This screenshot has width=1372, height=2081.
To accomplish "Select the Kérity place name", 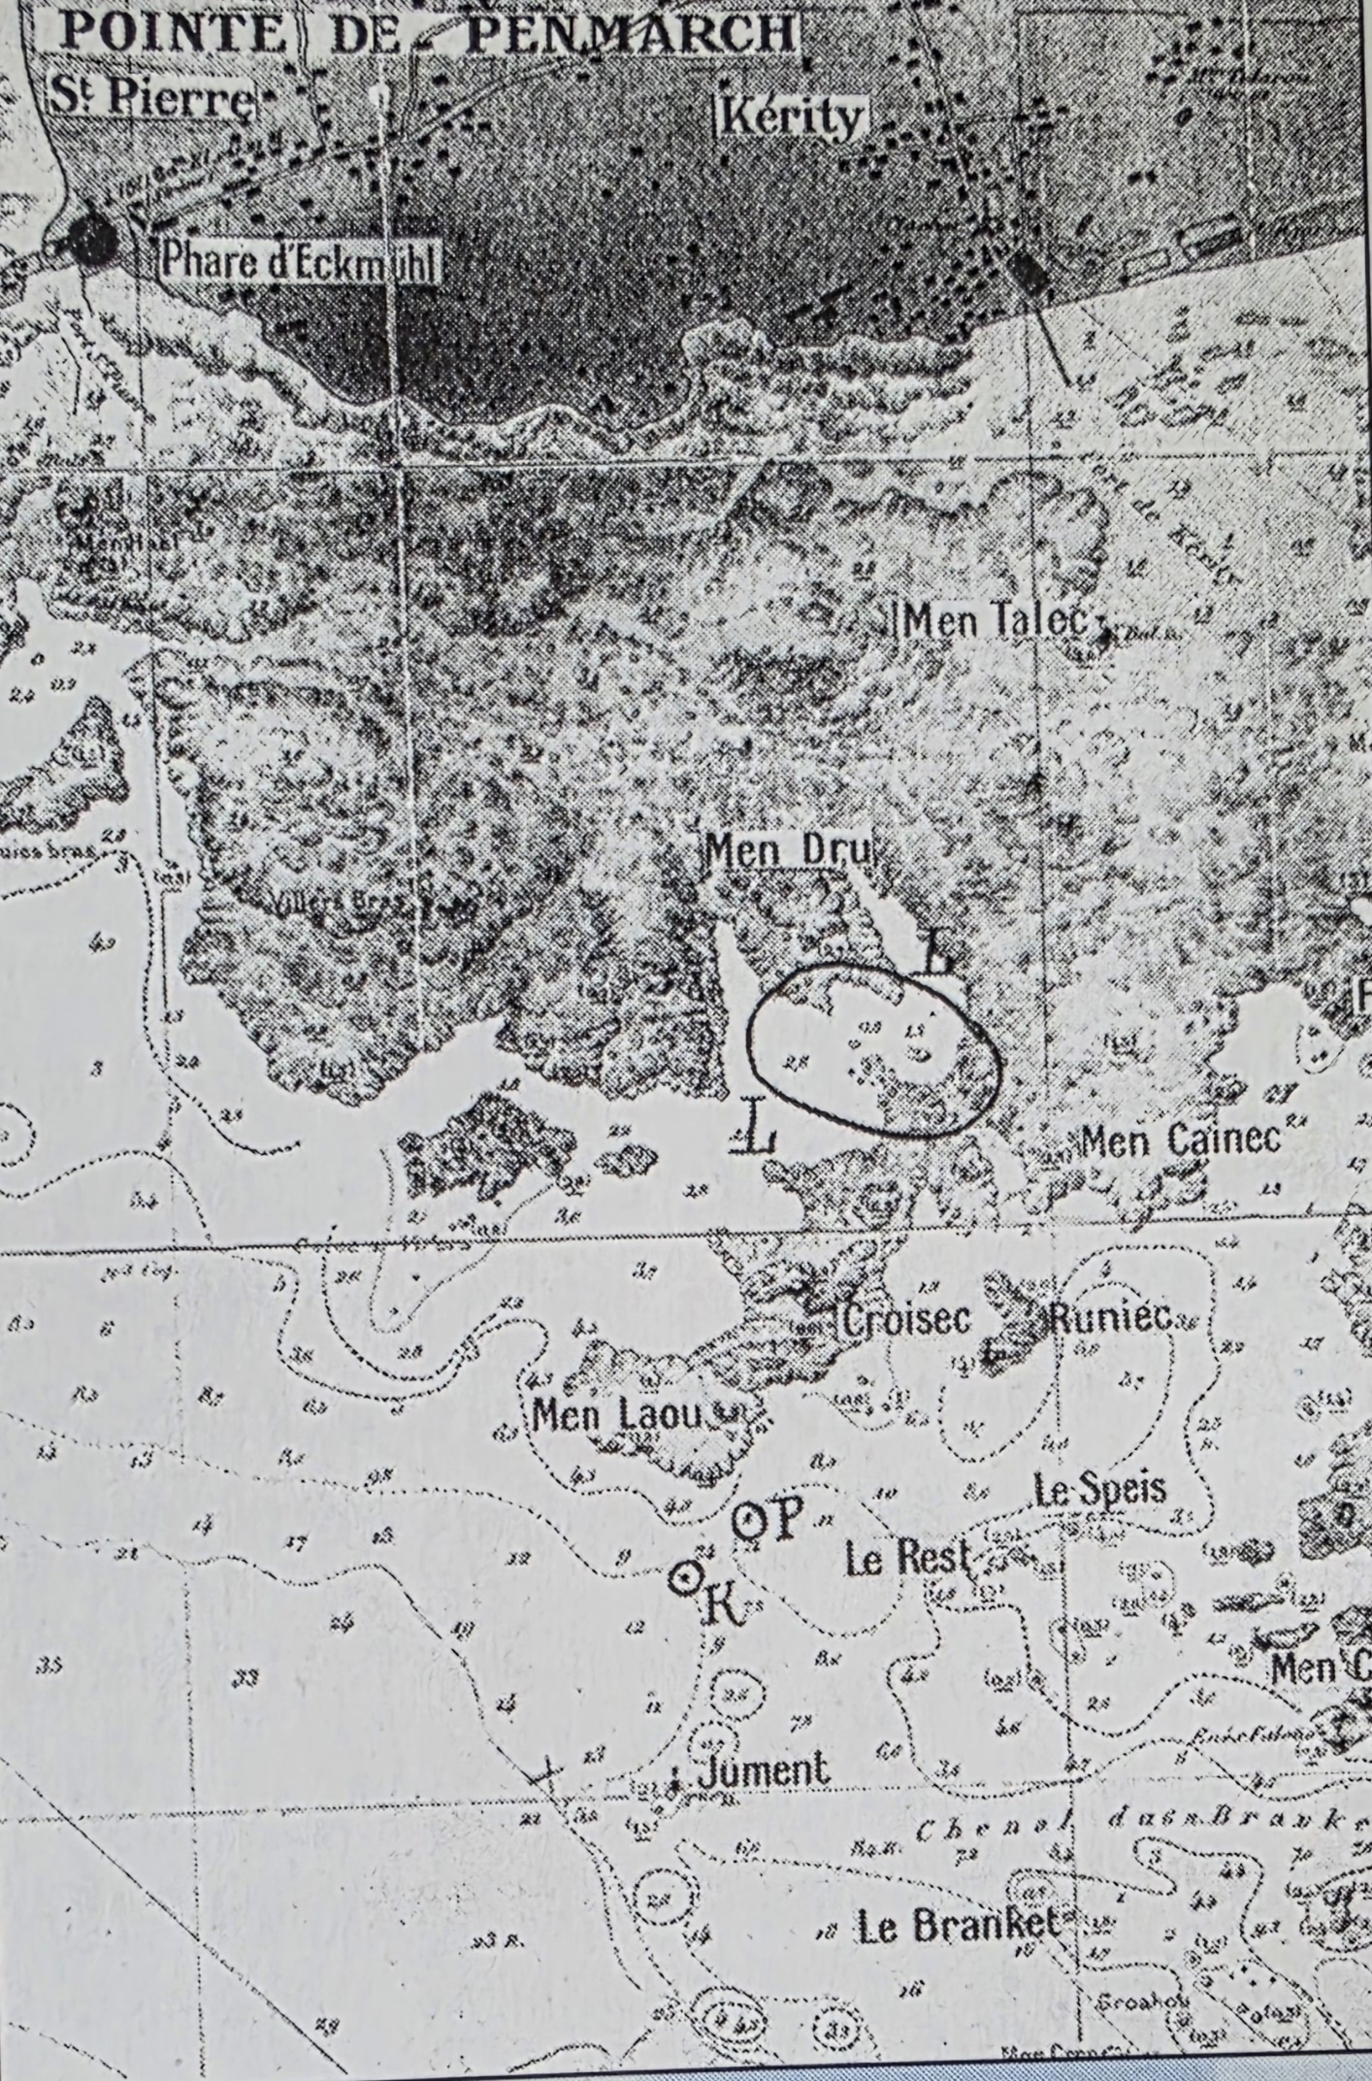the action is (x=792, y=117).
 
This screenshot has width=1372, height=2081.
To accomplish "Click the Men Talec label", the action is (x=994, y=619).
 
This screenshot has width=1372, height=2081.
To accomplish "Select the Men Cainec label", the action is (x=1180, y=1139).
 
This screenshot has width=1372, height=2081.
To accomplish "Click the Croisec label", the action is (x=906, y=1320).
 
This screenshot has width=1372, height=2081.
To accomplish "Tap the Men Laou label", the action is (x=617, y=1415).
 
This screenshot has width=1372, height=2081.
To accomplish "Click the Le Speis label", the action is (x=1099, y=1489).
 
